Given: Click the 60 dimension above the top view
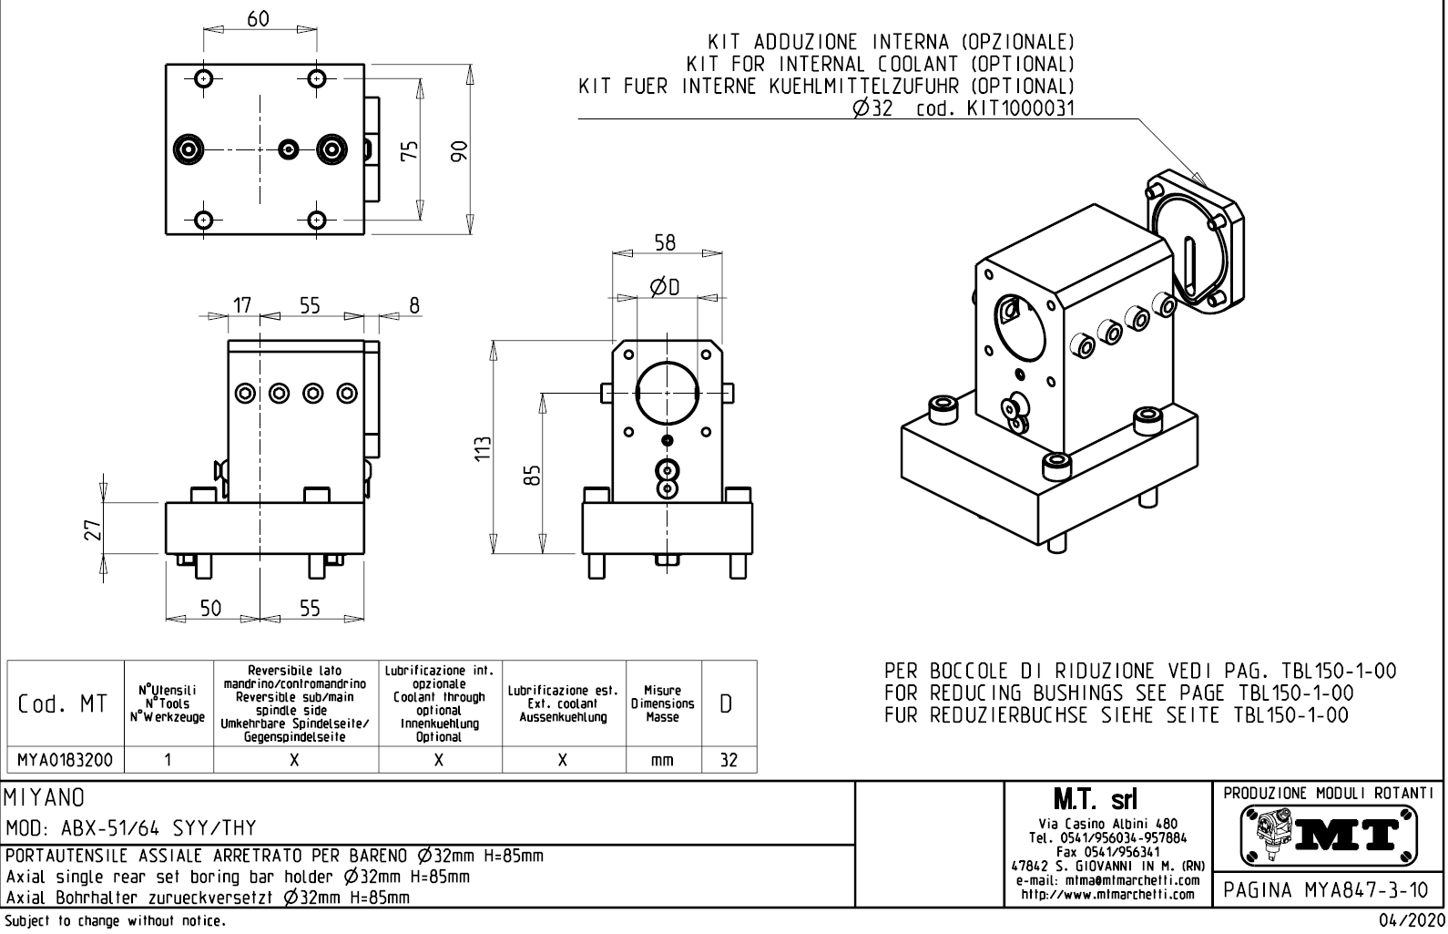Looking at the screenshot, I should [259, 19].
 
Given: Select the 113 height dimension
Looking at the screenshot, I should [484, 447].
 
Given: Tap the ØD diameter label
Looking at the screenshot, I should [665, 288].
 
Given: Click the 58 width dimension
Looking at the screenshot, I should [666, 242].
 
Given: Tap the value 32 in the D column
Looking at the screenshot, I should [729, 760].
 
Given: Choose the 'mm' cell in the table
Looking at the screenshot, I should [662, 760].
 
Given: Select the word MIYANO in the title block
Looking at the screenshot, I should [46, 798].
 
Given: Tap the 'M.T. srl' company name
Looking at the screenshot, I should [1107, 800].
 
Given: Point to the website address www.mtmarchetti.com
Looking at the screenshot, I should [1107, 895].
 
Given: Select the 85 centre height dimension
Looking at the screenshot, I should [535, 475].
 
